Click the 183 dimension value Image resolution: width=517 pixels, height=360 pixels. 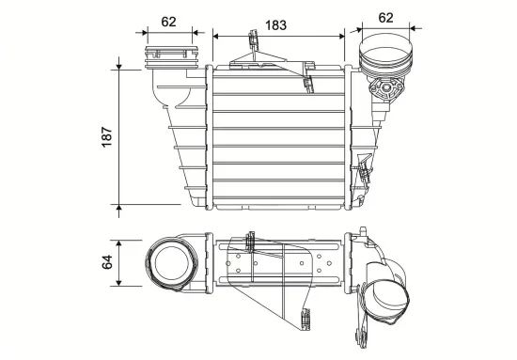[x=276, y=25]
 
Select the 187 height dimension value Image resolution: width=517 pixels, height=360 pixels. [x=107, y=137]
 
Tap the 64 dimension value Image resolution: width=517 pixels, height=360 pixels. [x=107, y=262]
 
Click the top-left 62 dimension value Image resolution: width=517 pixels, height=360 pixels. [x=168, y=22]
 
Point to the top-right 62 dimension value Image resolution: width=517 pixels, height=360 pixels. [x=385, y=18]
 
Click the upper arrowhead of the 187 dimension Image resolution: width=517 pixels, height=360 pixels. [x=119, y=66]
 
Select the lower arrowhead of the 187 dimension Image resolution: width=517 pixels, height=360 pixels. [x=119, y=208]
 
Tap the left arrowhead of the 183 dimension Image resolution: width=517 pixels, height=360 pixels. [x=216, y=37]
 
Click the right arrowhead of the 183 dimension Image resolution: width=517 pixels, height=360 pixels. [x=341, y=37]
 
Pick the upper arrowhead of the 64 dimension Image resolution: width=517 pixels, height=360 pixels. [x=119, y=244]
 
